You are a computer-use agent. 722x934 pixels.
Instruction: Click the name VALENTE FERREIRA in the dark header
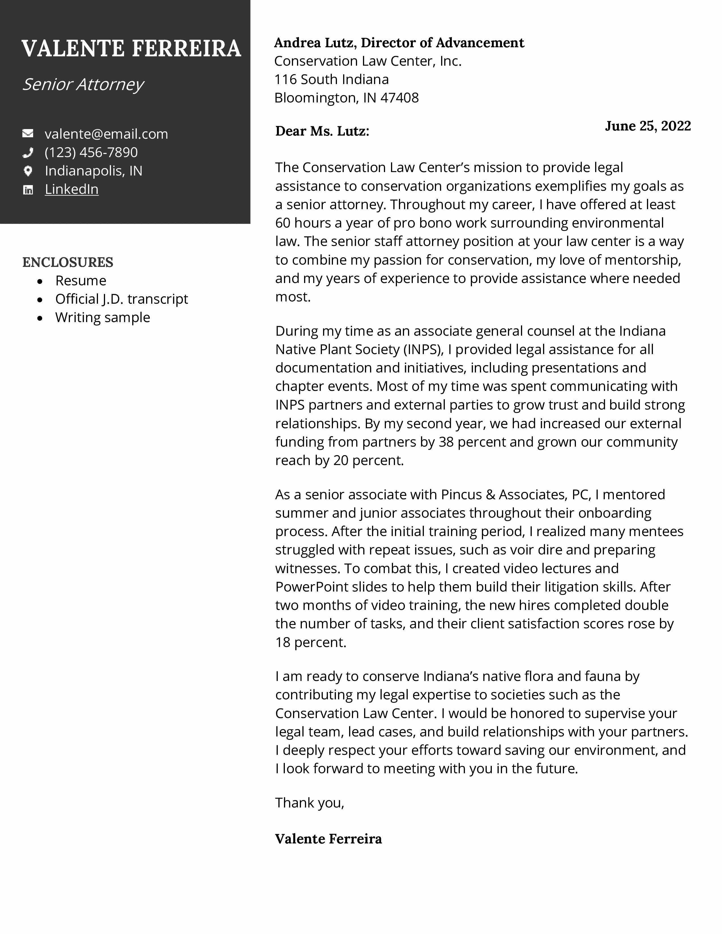click(131, 48)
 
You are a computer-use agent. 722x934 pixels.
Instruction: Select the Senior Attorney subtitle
click(83, 84)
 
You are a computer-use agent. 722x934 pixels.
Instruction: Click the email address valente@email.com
click(106, 134)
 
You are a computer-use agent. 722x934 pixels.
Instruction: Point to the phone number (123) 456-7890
click(91, 152)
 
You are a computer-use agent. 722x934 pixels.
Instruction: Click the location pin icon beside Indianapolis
click(28, 171)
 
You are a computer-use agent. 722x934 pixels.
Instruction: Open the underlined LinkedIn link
click(71, 189)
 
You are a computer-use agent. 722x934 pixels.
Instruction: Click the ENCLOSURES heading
click(68, 262)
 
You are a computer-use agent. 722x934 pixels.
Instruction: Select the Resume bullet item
click(80, 280)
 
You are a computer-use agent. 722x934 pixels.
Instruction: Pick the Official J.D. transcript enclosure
click(121, 299)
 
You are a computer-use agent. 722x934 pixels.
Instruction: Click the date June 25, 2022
click(648, 126)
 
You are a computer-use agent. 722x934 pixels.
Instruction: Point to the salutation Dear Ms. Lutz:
click(322, 131)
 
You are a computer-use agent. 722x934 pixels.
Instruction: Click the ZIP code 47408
click(400, 98)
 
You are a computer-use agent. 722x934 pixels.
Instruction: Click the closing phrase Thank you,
click(309, 803)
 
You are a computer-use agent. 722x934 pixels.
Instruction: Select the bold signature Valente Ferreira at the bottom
click(328, 839)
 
